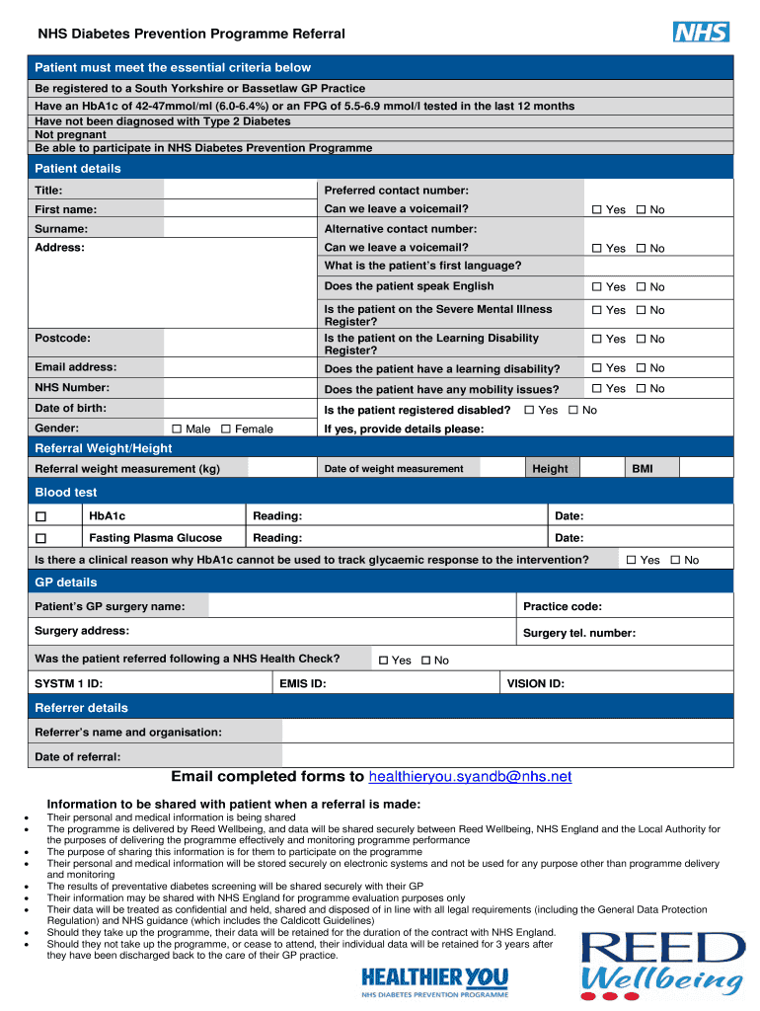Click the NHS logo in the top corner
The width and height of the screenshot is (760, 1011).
(701, 32)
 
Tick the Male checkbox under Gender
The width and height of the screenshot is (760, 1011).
(177, 428)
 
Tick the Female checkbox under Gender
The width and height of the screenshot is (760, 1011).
(226, 428)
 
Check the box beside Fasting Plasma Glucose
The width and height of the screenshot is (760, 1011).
(40, 539)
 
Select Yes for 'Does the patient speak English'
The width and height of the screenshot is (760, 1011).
(596, 287)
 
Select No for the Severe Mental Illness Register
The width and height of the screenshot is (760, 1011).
(641, 310)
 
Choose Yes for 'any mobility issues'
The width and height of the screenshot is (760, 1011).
(596, 389)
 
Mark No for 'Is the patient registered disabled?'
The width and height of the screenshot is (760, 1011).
(573, 410)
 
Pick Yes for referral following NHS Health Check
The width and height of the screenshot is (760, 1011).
(384, 661)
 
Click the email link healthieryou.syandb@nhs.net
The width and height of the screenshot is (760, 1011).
(470, 777)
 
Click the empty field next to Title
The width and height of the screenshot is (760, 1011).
(240, 190)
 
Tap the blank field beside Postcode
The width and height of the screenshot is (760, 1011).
(240, 339)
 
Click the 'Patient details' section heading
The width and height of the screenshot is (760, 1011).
(78, 169)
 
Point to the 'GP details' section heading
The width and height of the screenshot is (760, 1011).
(66, 583)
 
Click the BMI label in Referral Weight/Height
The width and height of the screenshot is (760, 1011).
(643, 469)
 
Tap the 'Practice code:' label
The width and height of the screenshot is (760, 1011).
(563, 606)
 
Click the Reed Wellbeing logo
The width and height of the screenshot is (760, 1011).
(662, 965)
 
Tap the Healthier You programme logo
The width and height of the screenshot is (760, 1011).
(435, 981)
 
